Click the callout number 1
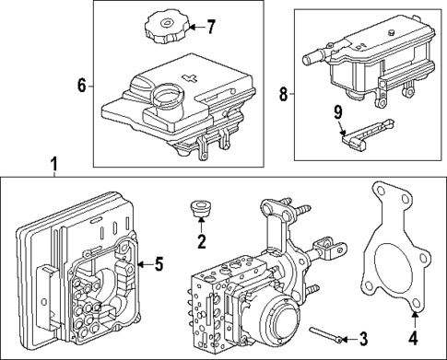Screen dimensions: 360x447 click(53, 165)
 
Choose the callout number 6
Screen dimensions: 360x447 click(82, 86)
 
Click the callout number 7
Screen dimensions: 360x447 click(210, 26)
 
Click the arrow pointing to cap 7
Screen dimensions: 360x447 click(191, 26)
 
